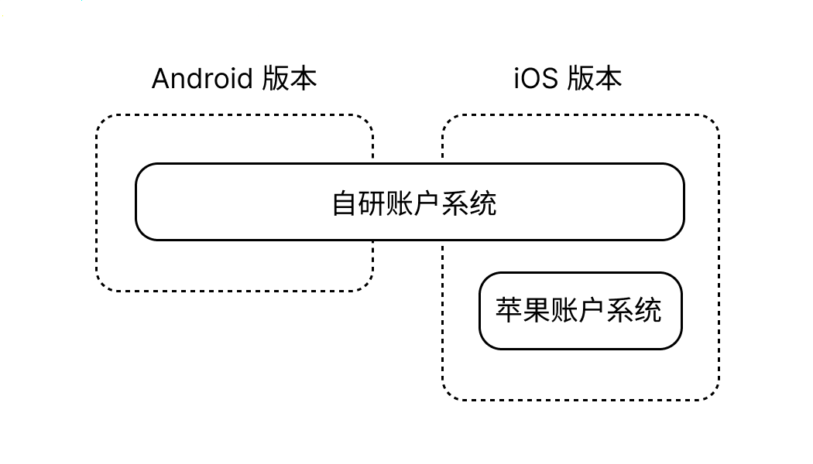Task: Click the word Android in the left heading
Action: point(202,79)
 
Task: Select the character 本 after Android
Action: point(304,79)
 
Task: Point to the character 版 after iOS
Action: point(581,79)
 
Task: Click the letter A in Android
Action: point(161,79)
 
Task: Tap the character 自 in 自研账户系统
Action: point(345,203)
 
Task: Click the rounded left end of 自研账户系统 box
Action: point(137,202)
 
